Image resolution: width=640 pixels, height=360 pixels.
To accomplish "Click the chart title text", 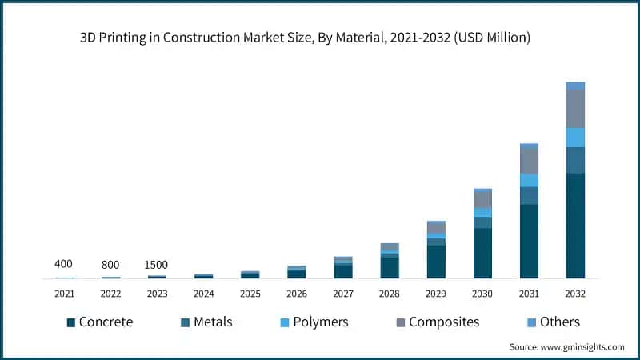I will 319,38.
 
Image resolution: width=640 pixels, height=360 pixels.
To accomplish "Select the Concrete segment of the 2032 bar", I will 575,226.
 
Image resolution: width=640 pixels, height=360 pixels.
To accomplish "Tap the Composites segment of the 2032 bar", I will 575,108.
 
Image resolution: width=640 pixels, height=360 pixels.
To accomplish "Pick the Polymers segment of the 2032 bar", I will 575,138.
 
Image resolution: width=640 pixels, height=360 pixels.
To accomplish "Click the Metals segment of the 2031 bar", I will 529,195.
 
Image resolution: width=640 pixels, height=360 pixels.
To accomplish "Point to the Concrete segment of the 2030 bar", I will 482,253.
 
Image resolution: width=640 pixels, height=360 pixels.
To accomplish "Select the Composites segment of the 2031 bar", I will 529,161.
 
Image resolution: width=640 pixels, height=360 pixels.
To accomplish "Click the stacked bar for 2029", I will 436,250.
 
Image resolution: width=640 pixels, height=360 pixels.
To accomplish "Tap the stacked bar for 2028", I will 390,261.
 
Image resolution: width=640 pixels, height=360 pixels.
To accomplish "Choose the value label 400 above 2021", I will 64,264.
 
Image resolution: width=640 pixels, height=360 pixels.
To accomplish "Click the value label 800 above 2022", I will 110,265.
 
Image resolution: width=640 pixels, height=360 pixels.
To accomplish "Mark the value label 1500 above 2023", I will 157,265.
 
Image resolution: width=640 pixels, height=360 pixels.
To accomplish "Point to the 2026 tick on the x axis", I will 297,294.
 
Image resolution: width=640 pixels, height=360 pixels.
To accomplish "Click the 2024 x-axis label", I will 204,294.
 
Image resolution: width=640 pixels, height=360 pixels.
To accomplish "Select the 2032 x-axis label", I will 575,294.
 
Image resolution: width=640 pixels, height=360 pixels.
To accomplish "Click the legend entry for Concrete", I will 100,322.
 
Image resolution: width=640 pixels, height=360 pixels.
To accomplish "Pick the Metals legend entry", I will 204,322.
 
